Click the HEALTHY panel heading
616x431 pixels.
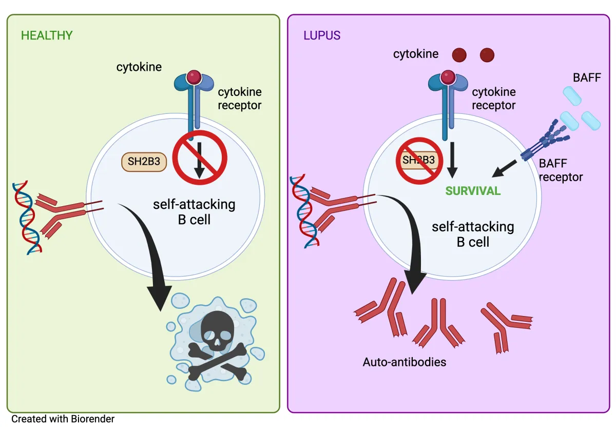coord(47,36)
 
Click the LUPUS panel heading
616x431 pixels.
coord(322,36)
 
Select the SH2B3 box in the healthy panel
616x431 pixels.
coord(144,162)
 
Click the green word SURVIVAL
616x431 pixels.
coord(473,191)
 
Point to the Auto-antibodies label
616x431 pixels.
coord(405,362)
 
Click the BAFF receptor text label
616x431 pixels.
coord(561,171)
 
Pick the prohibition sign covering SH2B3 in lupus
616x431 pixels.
coord(419,160)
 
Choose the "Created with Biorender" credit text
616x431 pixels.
coord(63,419)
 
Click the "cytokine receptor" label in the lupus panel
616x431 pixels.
coord(493,99)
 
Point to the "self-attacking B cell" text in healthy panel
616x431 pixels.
coord(194,212)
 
